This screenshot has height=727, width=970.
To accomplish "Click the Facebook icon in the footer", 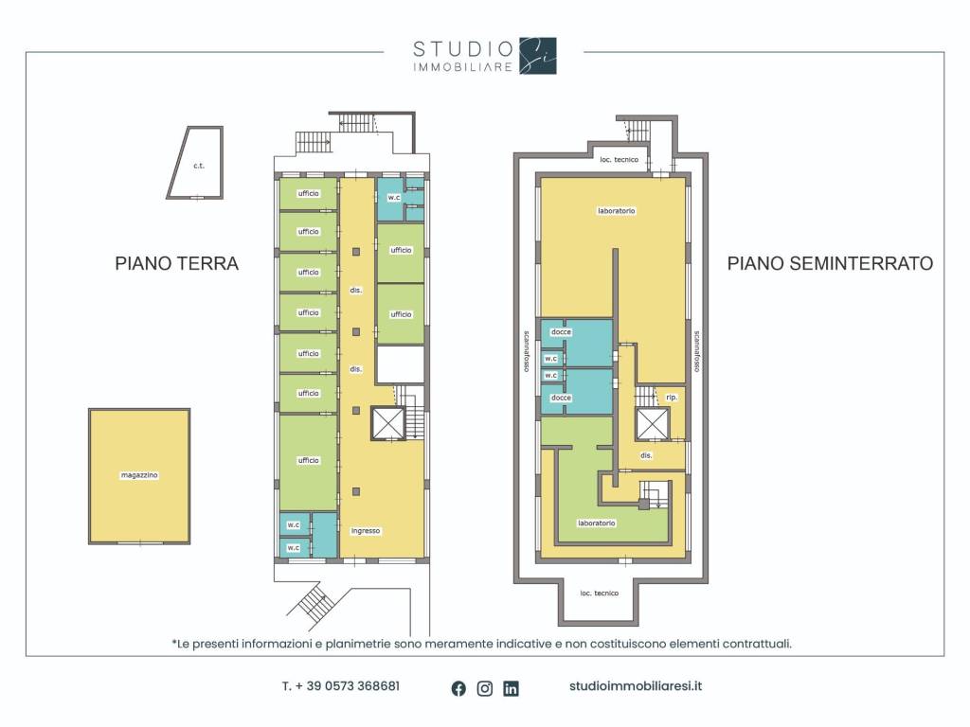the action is [458, 688].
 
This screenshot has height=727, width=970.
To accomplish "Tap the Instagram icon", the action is [485, 688].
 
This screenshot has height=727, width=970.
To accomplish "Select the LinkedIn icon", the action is [511, 688].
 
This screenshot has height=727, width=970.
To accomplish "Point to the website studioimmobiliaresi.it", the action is [636, 686].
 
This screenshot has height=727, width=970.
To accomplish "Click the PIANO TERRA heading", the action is [177, 263].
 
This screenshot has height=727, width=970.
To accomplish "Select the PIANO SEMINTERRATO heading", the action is [830, 263].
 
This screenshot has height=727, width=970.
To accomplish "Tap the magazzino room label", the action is [139, 475].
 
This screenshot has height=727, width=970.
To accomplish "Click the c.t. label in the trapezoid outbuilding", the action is [199, 166].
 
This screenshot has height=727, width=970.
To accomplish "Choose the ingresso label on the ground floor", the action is [366, 530].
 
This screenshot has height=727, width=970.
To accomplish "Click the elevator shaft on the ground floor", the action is [387, 423].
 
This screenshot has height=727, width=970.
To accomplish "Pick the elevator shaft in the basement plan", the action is [653, 424].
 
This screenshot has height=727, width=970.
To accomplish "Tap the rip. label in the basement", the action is [672, 397].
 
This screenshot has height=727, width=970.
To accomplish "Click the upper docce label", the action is [561, 332].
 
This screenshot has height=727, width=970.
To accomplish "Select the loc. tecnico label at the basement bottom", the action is [600, 593].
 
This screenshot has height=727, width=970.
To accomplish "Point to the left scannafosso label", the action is [526, 351].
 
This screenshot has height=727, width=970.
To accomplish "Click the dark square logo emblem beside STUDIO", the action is [538, 56].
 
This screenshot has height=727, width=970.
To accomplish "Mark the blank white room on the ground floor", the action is [401, 364].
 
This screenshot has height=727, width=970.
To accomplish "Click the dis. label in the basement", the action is [646, 455].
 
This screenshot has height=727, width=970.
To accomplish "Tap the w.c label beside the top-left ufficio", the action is [394, 197].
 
